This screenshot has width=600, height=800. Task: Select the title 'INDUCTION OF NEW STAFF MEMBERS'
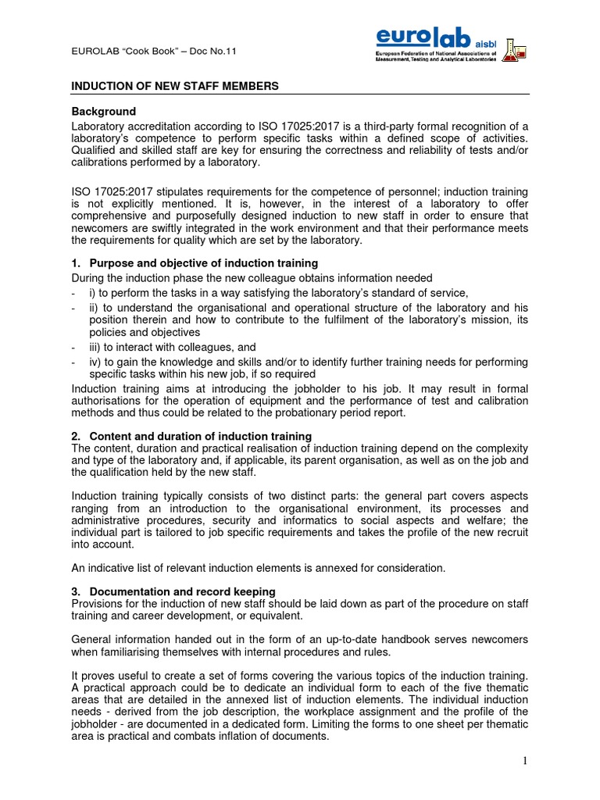coord(175,85)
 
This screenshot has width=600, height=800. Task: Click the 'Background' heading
coord(104,112)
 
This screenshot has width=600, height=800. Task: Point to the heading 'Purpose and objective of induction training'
coord(203,263)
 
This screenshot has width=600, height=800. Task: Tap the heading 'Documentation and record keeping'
coord(182,591)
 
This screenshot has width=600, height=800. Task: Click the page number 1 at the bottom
coord(524,761)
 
